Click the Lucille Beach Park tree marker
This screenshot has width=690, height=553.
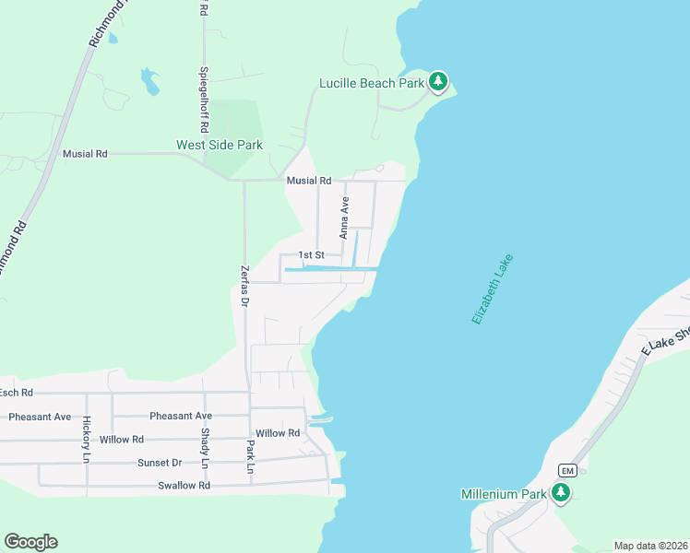pyautogui.click(x=438, y=83)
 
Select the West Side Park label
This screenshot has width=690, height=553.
pyautogui.click(x=220, y=145)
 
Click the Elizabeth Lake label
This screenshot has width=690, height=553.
pyautogui.click(x=492, y=288)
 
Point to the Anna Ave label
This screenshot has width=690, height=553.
pyautogui.click(x=345, y=218)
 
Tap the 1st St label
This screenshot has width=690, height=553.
pyautogui.click(x=312, y=255)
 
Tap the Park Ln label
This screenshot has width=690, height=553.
pyautogui.click(x=250, y=456)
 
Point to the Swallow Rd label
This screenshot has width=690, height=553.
pyautogui.click(x=184, y=486)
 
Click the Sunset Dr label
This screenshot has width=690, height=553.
pyautogui.click(x=160, y=463)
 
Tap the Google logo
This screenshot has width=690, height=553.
pyautogui.click(x=30, y=542)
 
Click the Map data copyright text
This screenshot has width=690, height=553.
pyautogui.click(x=650, y=546)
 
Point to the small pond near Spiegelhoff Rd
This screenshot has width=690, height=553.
pyautogui.click(x=149, y=81)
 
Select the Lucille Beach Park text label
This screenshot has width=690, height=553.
pyautogui.click(x=372, y=83)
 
